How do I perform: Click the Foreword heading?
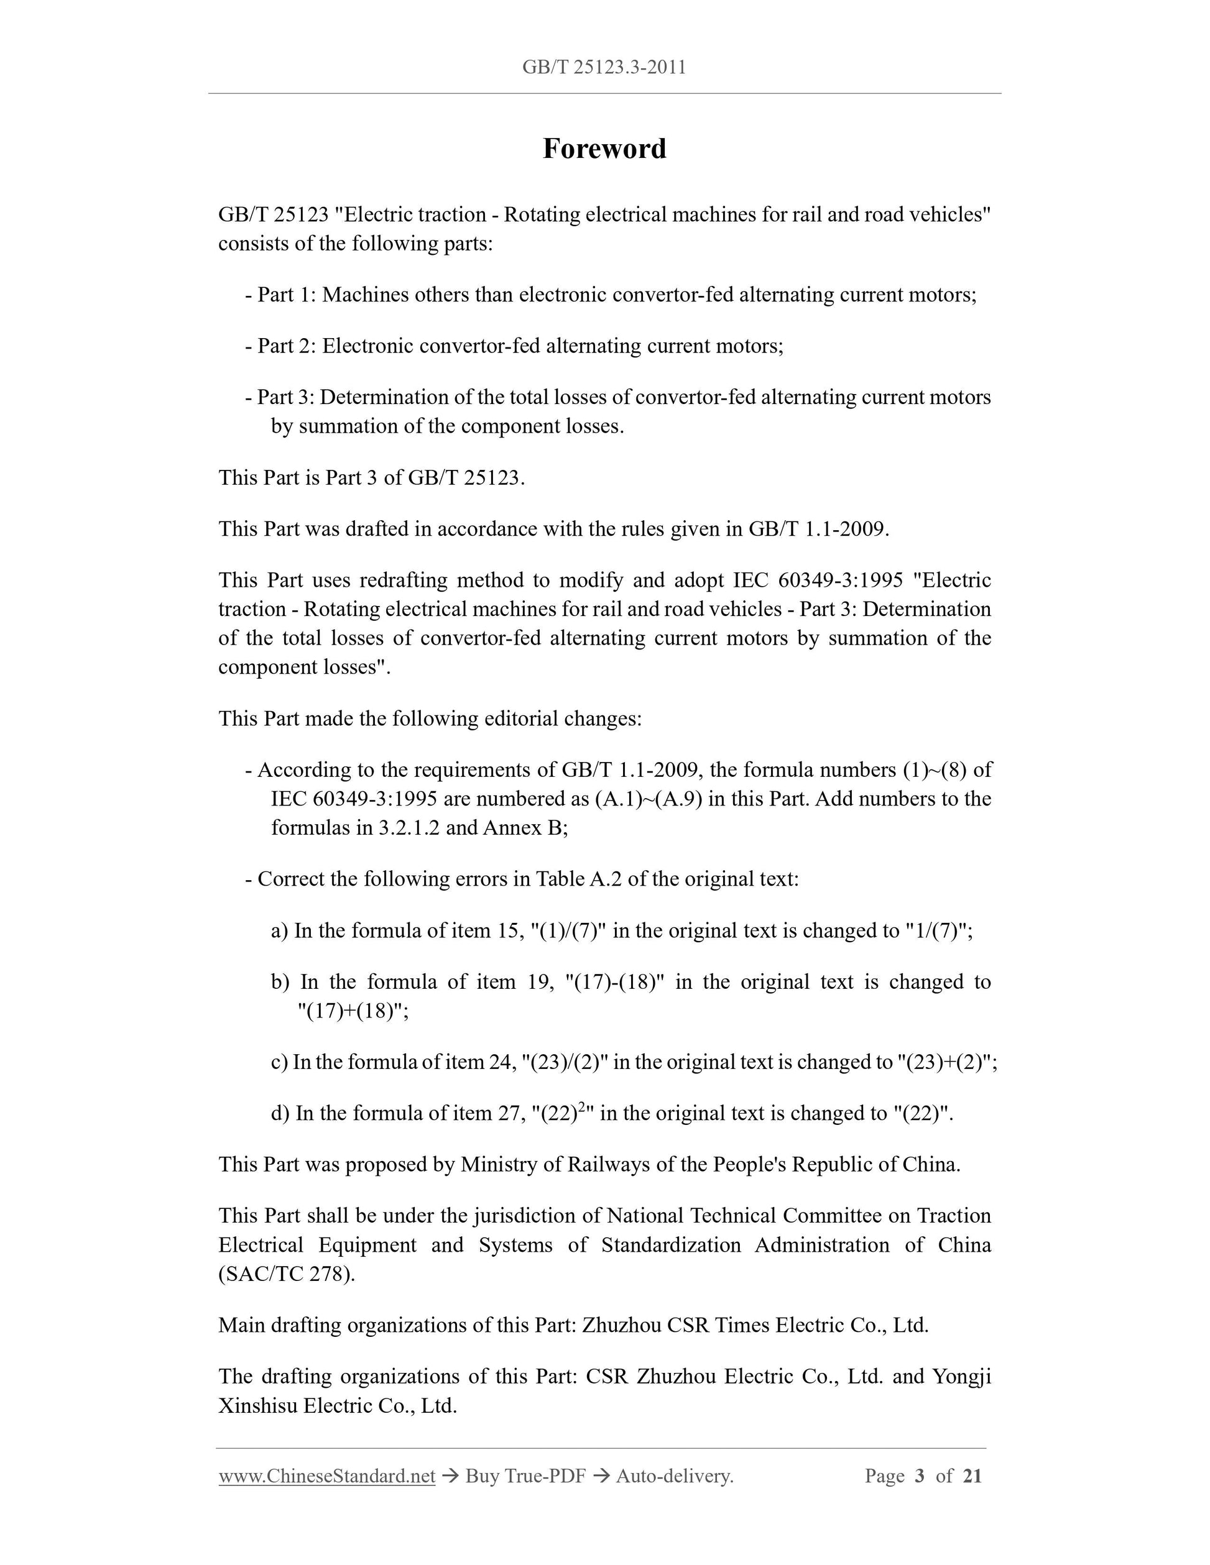[604, 149]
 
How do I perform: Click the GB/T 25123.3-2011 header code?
[604, 67]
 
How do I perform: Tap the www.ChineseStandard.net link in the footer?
[327, 1476]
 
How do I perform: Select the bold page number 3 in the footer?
[920, 1476]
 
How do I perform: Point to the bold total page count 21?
[972, 1476]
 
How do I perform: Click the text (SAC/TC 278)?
[287, 1274]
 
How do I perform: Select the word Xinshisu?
[257, 1406]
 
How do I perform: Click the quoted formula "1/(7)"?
[933, 931]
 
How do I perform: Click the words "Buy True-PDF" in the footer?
[525, 1476]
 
